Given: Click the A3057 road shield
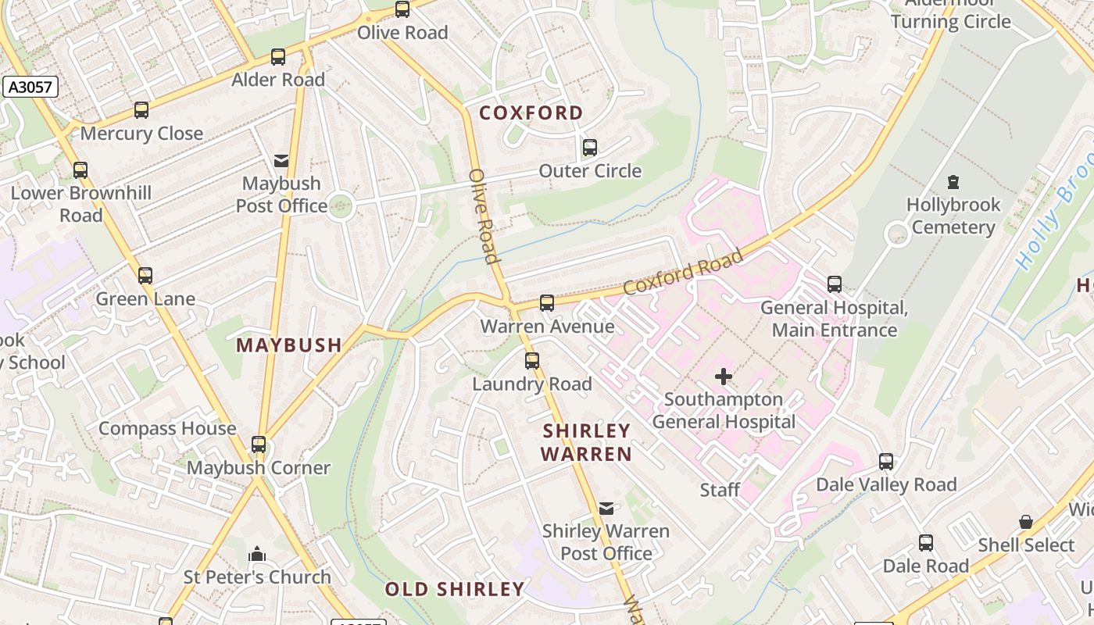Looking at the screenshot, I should (x=30, y=87).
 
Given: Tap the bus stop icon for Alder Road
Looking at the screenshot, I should (x=278, y=57).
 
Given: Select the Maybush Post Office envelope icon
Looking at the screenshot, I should (x=281, y=161).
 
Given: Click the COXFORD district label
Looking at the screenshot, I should (x=531, y=113).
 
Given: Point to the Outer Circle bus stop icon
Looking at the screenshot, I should (x=590, y=148).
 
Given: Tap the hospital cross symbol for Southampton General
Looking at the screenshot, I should (x=724, y=377).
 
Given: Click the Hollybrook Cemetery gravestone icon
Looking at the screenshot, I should (x=953, y=182).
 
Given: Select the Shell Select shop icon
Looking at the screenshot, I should (x=1026, y=522).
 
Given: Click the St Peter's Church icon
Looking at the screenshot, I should (x=257, y=555).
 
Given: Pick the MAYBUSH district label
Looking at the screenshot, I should (x=289, y=345).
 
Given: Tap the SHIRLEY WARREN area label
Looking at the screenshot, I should (x=586, y=442).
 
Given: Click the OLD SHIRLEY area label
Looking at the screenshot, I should (x=454, y=589).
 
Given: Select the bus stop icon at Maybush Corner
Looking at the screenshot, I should (x=259, y=445).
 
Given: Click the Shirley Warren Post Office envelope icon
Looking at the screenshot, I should (x=606, y=509).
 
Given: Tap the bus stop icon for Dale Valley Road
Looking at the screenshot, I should (x=885, y=462).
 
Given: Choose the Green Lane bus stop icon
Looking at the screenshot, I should (x=145, y=276).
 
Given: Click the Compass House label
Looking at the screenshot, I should (x=167, y=429).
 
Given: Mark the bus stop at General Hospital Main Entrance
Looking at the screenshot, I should (x=835, y=284).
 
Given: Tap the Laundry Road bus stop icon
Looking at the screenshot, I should (x=532, y=361).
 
